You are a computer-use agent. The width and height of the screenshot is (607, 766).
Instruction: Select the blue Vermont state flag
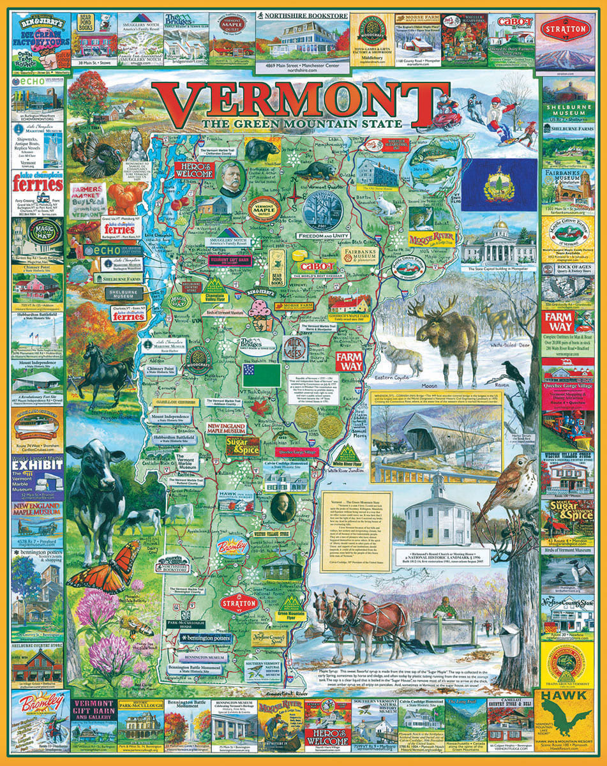click(499, 186)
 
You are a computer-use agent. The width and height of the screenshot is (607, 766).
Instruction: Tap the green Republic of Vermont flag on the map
click(261, 375)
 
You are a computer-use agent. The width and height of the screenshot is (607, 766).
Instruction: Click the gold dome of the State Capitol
click(499, 225)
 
